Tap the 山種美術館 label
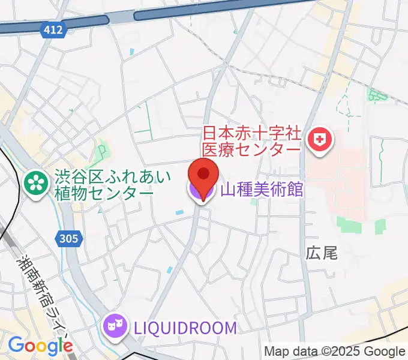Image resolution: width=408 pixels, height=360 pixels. coord(262,191)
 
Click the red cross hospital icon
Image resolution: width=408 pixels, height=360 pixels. coord(319,140)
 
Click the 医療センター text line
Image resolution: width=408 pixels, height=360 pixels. coord(251,148)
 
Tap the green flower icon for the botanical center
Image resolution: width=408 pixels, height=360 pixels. coord(37,183)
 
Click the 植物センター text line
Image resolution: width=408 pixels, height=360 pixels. coord(103,193)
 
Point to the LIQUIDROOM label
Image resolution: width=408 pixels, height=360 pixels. coord(185,328)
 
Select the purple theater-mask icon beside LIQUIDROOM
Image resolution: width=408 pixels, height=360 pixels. coord(115,326)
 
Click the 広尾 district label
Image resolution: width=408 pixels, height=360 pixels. coord(322,253)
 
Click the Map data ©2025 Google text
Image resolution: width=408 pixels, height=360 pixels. coord(335,351)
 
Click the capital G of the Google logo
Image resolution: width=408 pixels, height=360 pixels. coord(15,346)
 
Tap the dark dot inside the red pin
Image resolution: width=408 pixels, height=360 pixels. coord(203,173)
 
